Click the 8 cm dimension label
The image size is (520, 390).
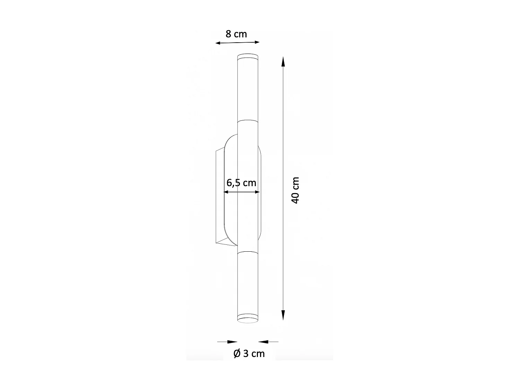[x=236, y=34]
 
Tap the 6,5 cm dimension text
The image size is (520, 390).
[x=241, y=183]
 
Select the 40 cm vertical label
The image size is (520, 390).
[x=295, y=190]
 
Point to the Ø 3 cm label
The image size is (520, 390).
[x=249, y=354]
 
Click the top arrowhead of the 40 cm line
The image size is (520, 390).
[x=283, y=61]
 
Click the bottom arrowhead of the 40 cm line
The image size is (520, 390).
[x=283, y=315]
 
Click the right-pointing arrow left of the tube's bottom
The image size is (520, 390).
[x=232, y=342]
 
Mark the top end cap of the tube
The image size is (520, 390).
[x=248, y=57]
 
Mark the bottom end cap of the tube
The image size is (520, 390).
[x=248, y=318]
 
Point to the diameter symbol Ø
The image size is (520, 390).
[x=237, y=354]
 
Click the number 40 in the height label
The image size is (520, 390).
[x=295, y=197]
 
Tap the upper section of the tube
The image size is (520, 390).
[x=248, y=90]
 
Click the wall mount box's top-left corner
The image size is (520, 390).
[x=216, y=151]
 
